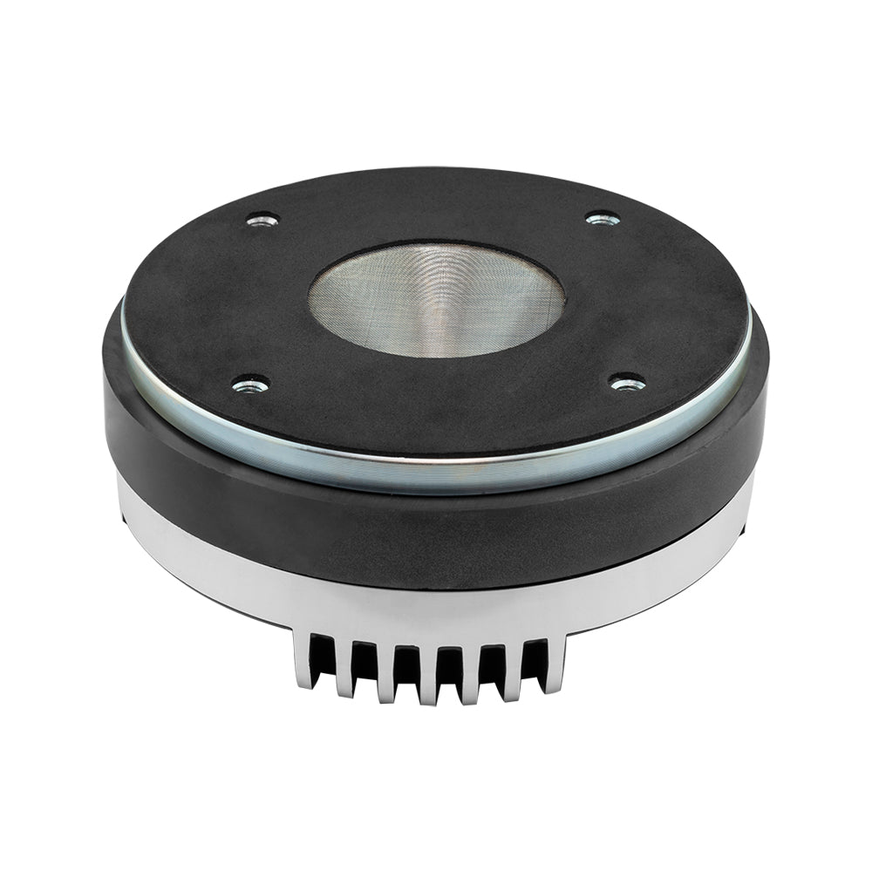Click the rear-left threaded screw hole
(262, 220)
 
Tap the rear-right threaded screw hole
(603, 218)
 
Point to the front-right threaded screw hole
(627, 382)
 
